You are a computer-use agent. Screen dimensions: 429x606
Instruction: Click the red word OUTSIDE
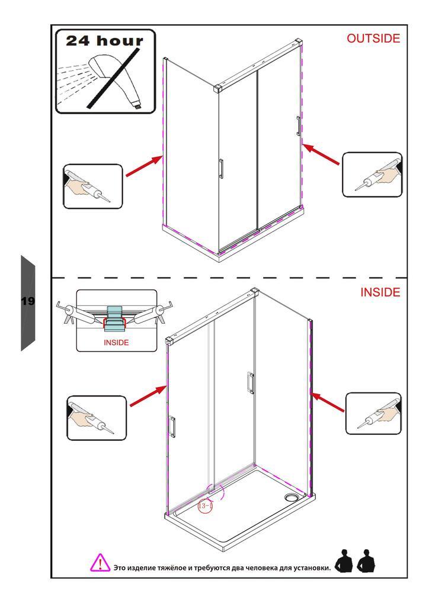point(373,38)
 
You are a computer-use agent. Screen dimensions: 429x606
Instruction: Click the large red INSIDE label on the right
point(380,292)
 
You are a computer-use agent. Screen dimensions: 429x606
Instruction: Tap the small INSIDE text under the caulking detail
point(116,343)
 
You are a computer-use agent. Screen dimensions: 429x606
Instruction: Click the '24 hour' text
point(104,41)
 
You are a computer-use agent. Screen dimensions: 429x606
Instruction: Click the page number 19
point(28,301)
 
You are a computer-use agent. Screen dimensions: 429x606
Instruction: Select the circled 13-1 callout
point(205,505)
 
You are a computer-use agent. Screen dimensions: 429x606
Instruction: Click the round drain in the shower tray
point(290,497)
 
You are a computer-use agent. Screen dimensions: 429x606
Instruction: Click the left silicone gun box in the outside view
point(93,186)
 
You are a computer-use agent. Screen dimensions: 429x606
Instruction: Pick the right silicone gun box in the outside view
point(372,175)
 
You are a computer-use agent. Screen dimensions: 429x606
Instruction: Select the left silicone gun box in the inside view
point(97,418)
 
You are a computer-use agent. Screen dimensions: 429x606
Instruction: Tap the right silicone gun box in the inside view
point(373,414)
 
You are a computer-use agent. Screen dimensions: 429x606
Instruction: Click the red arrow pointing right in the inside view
point(149,395)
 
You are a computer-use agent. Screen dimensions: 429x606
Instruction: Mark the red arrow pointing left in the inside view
point(327,402)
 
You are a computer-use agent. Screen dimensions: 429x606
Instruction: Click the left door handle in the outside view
point(220,169)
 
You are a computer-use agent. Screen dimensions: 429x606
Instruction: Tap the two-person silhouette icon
point(355,561)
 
